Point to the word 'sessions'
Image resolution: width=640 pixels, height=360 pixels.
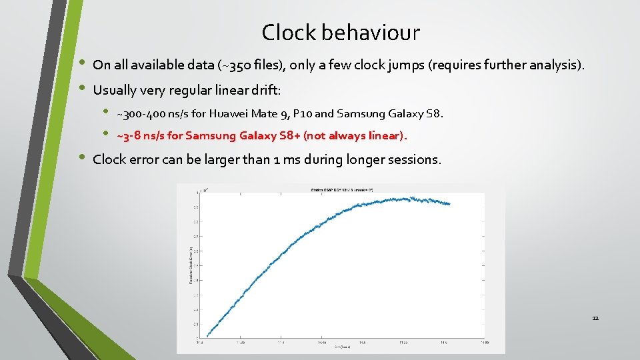coord(414,160)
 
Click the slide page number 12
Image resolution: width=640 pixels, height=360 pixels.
coord(595,318)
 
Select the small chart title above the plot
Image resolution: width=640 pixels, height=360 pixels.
coord(341,190)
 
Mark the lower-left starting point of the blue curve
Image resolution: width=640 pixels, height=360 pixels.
coord(207,335)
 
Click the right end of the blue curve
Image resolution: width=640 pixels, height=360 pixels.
coord(449,203)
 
